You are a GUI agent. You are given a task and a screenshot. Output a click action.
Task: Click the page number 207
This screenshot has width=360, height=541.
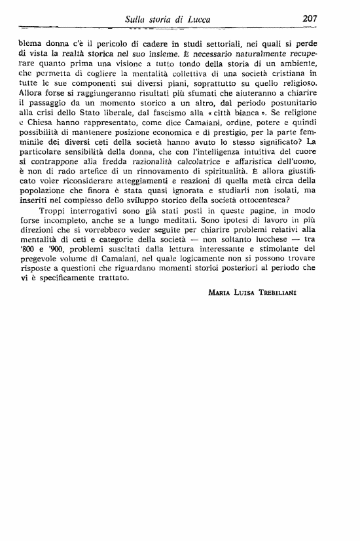(310, 20)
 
